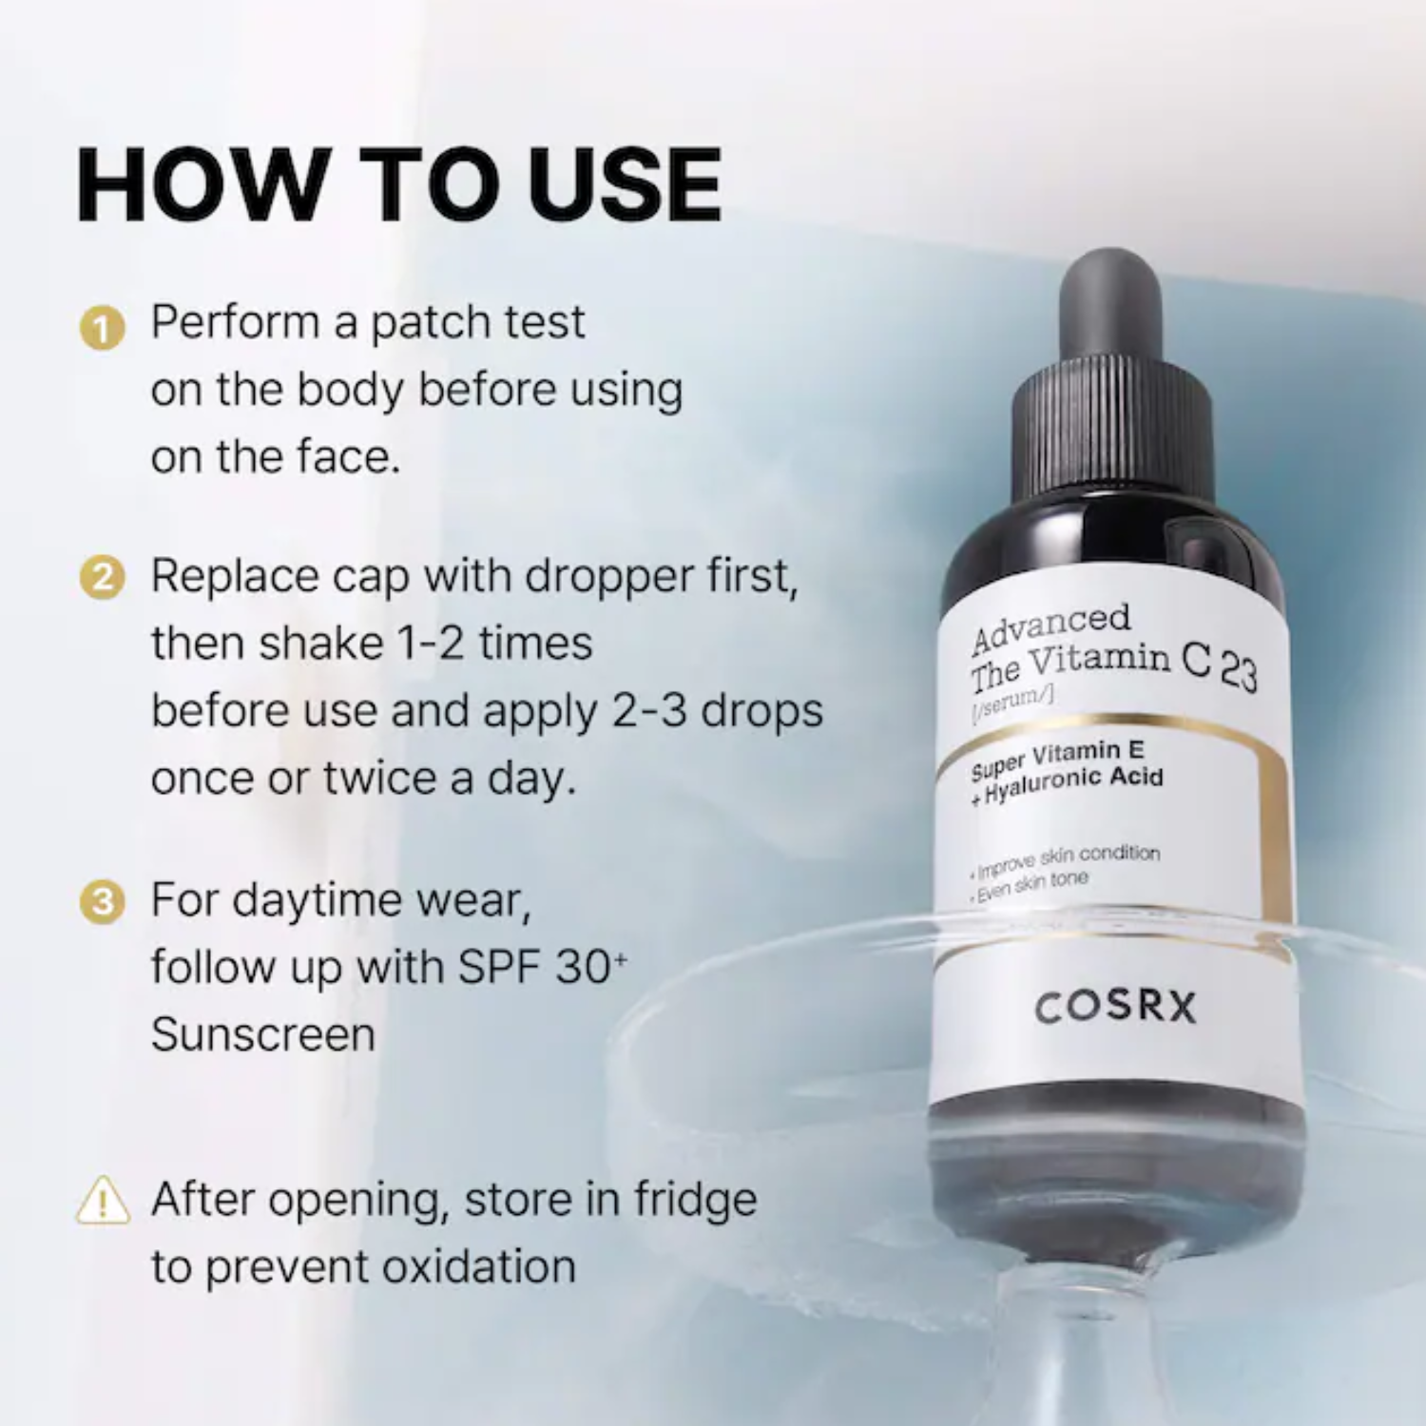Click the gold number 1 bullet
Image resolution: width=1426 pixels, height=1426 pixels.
click(102, 328)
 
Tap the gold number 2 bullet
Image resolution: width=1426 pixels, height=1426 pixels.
click(102, 579)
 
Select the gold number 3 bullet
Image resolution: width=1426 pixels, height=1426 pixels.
click(102, 902)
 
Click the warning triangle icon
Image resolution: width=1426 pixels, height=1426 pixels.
click(103, 1200)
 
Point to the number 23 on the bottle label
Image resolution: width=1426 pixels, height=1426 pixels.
click(1239, 673)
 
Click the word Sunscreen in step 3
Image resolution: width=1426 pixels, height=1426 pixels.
click(263, 1034)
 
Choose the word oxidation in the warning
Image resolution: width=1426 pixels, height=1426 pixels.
click(479, 1267)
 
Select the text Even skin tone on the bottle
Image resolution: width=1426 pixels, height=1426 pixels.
click(1033, 886)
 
